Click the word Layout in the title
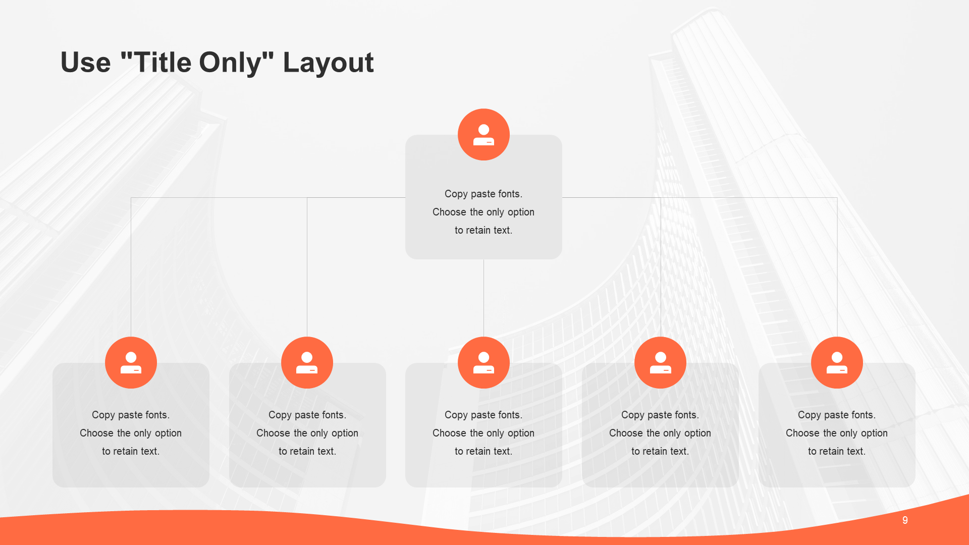pyautogui.click(x=328, y=63)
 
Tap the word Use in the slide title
pyautogui.click(x=85, y=63)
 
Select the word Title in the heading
pyautogui.click(x=163, y=62)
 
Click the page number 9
pyautogui.click(x=905, y=520)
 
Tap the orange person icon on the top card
pyautogui.click(x=483, y=135)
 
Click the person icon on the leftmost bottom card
pyautogui.click(x=131, y=362)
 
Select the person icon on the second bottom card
pyautogui.click(x=307, y=362)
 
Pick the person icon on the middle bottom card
pyautogui.click(x=483, y=362)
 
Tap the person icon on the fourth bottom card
pyautogui.click(x=660, y=362)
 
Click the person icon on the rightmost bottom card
pyautogui.click(x=837, y=362)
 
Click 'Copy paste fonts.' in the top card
pyautogui.click(x=483, y=194)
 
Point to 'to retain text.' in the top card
pyautogui.click(x=483, y=230)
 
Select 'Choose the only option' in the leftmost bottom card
pyautogui.click(x=131, y=433)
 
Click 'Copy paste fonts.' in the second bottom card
pyautogui.click(x=307, y=415)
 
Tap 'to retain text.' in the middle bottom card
pyautogui.click(x=483, y=451)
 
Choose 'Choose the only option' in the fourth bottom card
pyautogui.click(x=660, y=433)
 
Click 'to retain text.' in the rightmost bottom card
pyautogui.click(x=837, y=451)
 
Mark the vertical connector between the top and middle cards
pyautogui.click(x=483, y=298)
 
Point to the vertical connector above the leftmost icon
pyautogui.click(x=131, y=267)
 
